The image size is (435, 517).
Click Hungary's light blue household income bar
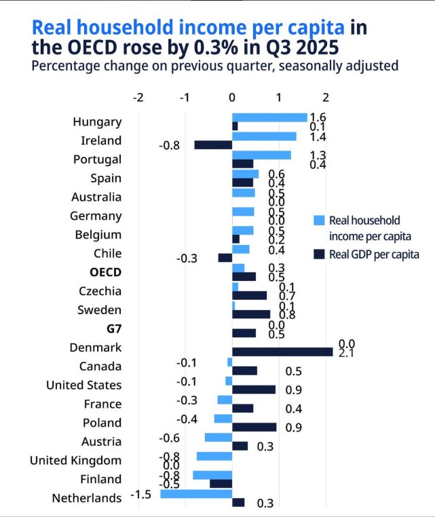click(269, 117)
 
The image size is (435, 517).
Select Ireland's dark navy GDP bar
click(213, 145)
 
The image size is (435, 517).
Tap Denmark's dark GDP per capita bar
click(282, 351)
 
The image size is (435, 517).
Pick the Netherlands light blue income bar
click(196, 493)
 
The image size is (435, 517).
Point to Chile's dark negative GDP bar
click(225, 258)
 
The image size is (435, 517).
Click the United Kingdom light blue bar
click(214, 456)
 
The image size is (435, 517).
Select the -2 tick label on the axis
click(138, 97)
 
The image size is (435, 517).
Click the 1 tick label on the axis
click(279, 97)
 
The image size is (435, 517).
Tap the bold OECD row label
click(106, 272)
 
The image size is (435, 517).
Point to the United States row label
click(84, 385)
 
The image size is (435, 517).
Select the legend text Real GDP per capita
click(374, 254)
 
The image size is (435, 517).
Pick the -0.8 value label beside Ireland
click(169, 145)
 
